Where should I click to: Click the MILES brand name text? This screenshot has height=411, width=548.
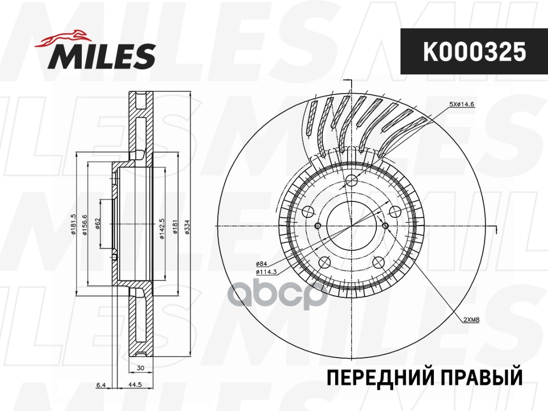click(102, 56)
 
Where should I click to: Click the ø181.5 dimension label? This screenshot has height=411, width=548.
click(74, 225)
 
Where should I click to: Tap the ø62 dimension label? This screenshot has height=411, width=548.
click(97, 225)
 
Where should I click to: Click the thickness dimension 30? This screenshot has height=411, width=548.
click(140, 368)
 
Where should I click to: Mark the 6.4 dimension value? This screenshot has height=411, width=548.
click(101, 384)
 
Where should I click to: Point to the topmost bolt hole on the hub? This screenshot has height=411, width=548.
click(352, 181)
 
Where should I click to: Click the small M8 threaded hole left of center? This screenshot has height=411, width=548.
click(317, 226)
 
